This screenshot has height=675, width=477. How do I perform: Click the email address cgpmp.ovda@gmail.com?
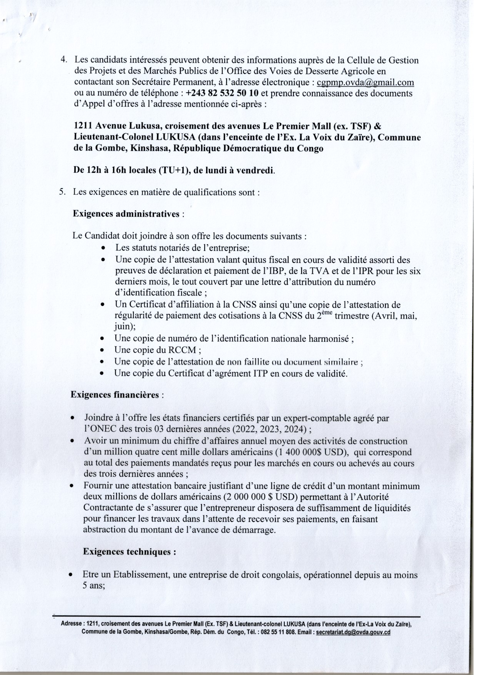(365, 82)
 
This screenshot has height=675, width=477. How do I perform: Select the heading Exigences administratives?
(126, 214)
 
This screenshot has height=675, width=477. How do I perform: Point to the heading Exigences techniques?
(129, 551)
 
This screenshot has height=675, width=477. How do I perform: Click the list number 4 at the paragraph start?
(64, 60)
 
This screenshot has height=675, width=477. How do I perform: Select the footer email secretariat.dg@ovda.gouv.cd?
(353, 632)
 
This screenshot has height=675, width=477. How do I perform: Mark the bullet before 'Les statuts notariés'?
(103, 249)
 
